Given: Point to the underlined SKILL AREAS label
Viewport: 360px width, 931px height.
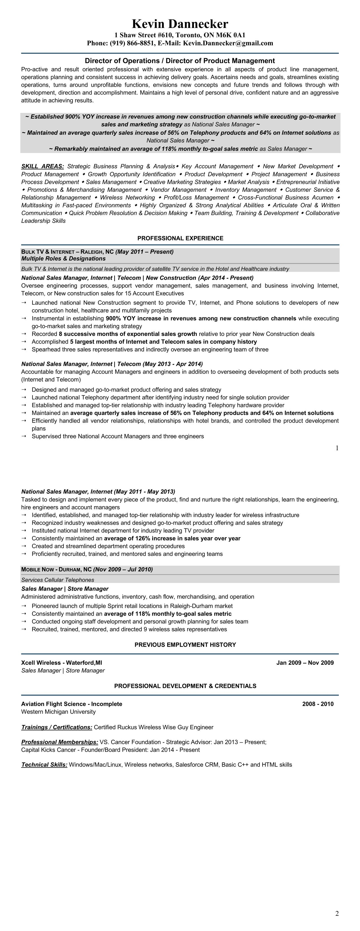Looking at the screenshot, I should pos(43,166).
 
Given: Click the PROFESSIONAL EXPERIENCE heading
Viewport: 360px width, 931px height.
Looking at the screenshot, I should pos(180,238).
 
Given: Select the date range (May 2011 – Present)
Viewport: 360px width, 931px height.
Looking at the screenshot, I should pos(144,252).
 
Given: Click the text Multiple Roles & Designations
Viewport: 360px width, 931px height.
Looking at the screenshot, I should pos(63,258).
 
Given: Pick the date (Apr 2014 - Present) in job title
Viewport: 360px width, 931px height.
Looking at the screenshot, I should pos(226,277).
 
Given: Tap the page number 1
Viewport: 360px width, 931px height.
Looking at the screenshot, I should pos(337,448).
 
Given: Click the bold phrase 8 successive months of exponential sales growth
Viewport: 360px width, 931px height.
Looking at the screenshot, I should pos(128,334).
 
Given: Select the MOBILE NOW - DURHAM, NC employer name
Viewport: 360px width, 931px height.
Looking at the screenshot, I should pos(56,569).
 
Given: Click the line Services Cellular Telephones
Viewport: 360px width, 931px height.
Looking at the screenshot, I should pos(58,580).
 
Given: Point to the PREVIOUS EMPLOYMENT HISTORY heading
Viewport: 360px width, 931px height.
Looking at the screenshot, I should pos(185,644).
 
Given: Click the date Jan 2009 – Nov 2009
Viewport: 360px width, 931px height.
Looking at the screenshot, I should pos(305,663).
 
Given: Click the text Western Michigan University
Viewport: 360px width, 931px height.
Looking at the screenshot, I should pos(58,712).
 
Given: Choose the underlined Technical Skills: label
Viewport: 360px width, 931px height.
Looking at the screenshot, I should pos(44,764).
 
